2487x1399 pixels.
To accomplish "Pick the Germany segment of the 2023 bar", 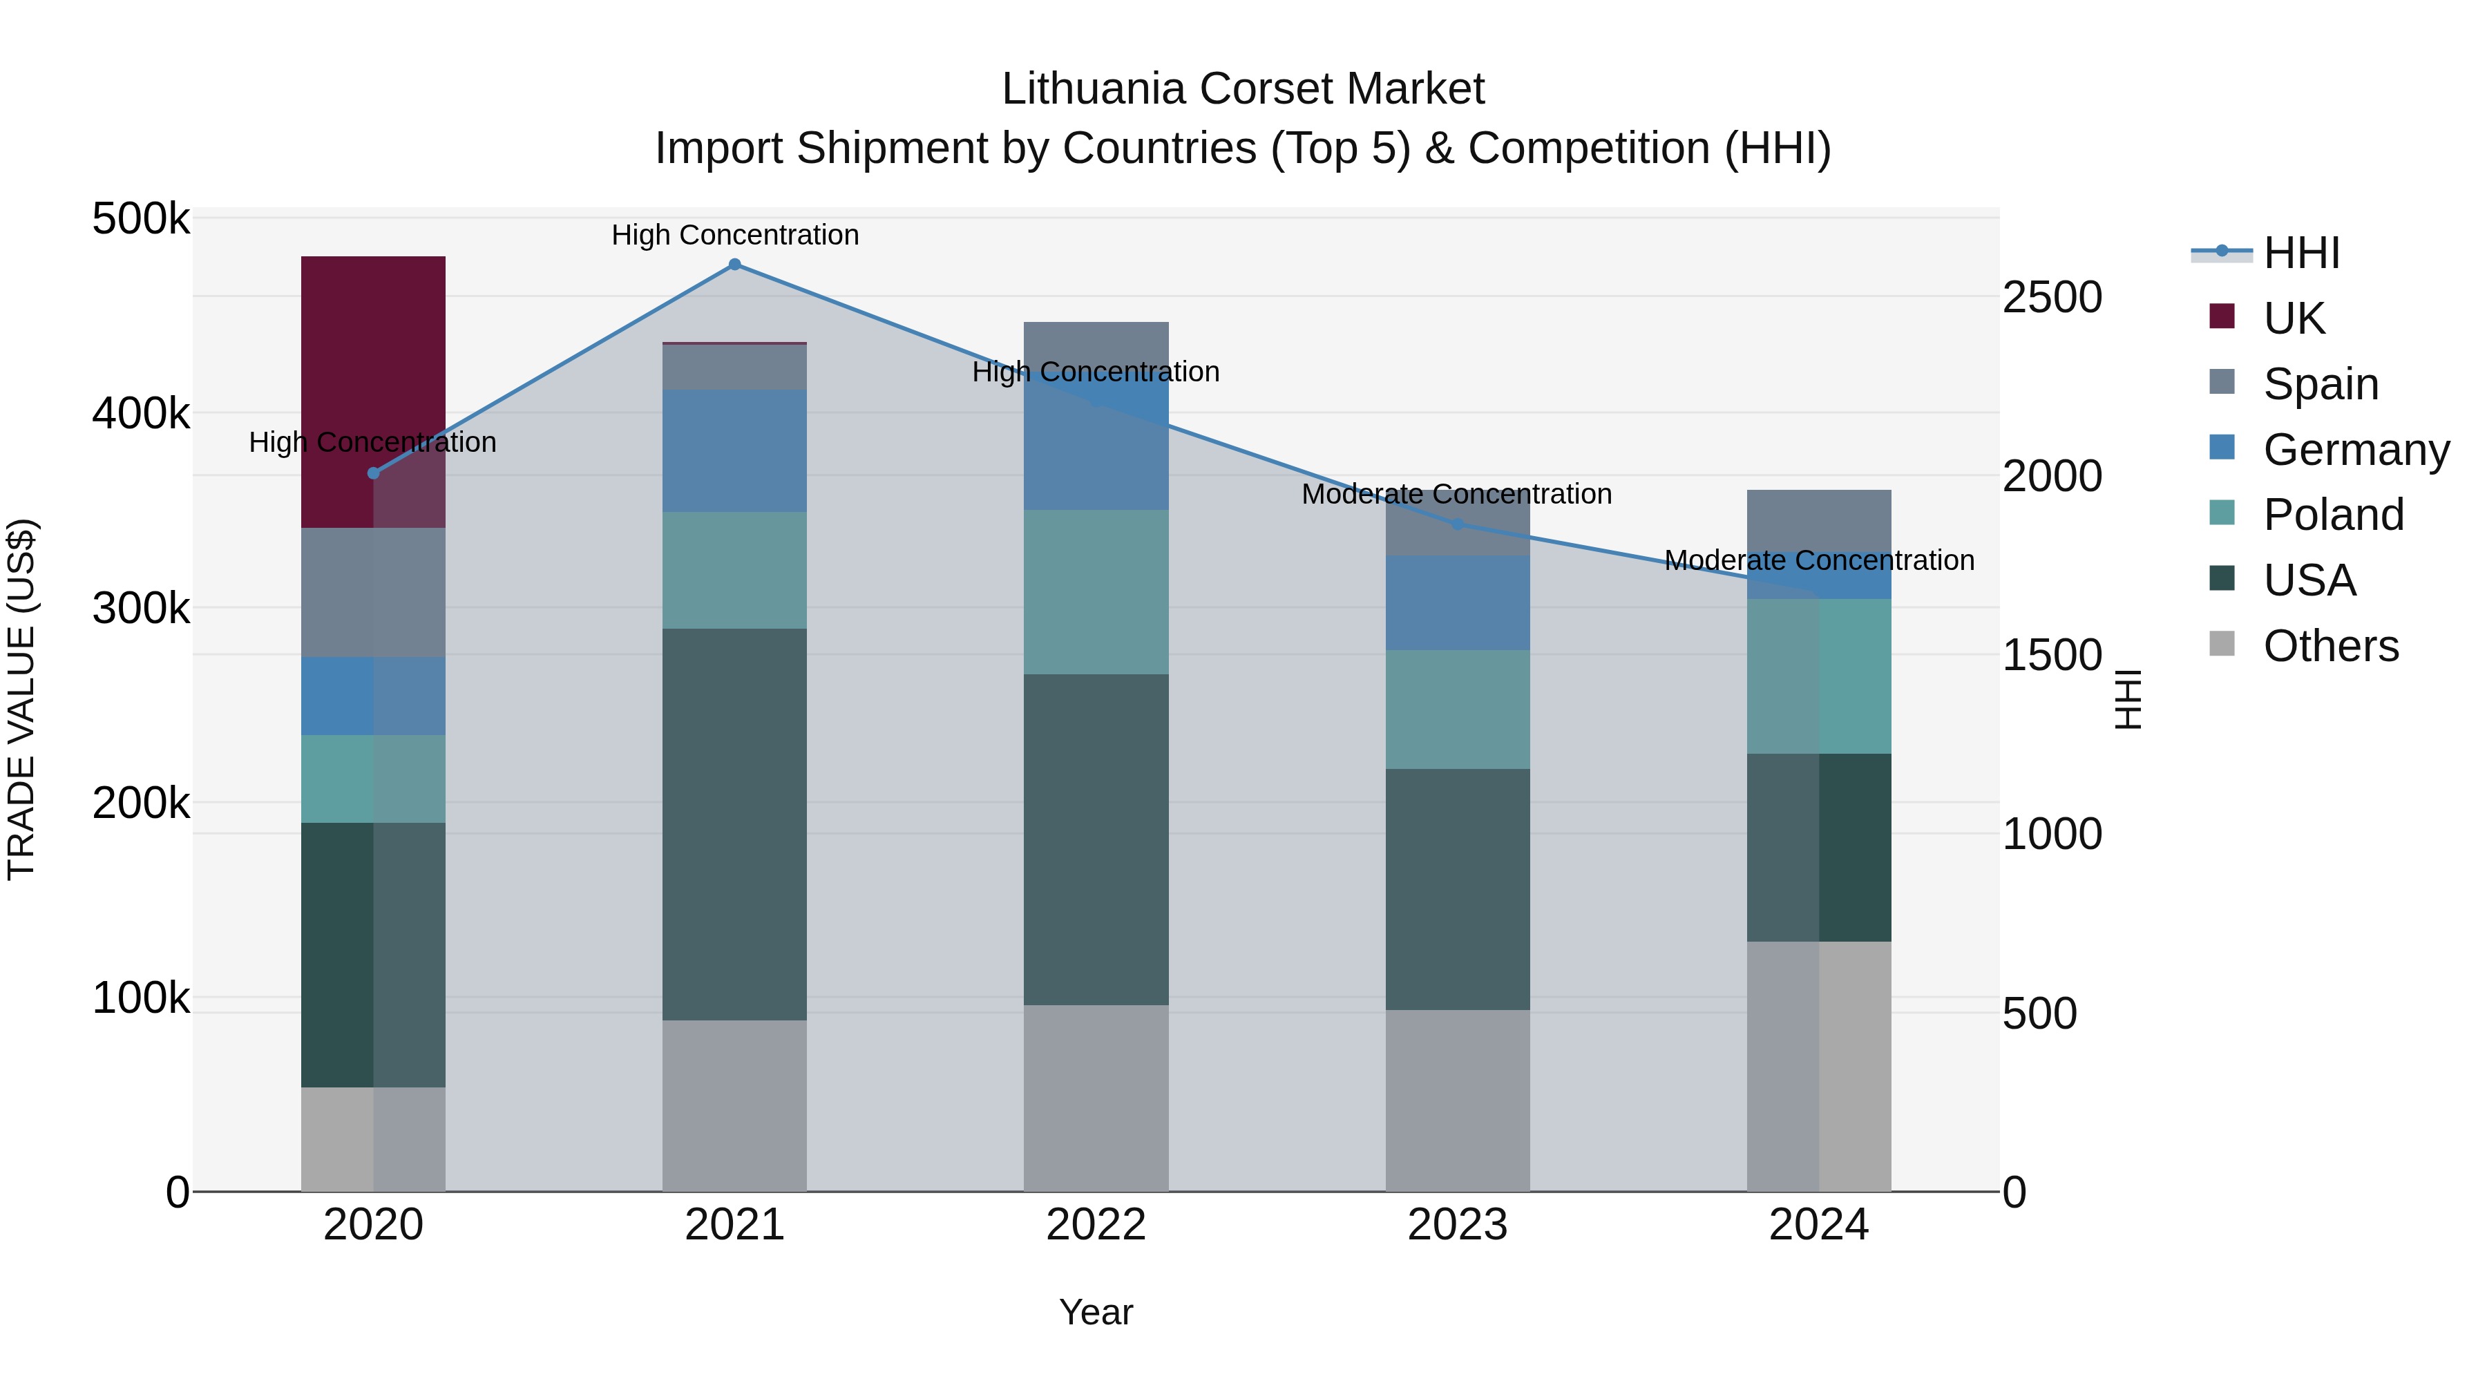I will click(1457, 602).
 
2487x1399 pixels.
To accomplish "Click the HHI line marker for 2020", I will click(374, 473).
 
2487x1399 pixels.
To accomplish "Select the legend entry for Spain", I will click(2320, 383).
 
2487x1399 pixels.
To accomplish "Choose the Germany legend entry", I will click(2356, 449).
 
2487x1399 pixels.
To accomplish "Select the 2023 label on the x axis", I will click(1457, 1225).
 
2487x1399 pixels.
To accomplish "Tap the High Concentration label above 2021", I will click(735, 235).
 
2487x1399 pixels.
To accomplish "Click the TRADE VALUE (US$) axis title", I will click(21, 699).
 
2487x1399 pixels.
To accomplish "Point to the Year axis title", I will click(1096, 1312).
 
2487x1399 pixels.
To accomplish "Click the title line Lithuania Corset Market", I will click(1243, 89).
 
